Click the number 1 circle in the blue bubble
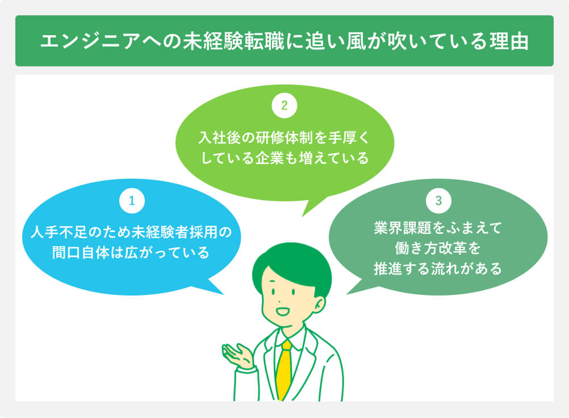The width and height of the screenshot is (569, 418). pyautogui.click(x=131, y=200)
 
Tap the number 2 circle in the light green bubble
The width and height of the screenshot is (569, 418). pyautogui.click(x=284, y=105)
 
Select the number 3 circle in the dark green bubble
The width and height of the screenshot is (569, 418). pyautogui.click(x=438, y=200)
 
